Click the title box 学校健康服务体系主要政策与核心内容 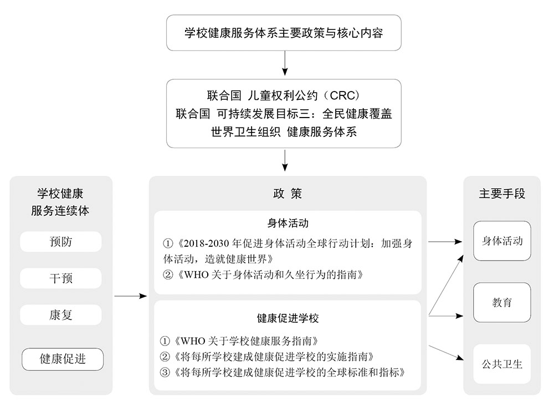pyautogui.click(x=284, y=33)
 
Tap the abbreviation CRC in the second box pyautogui.click(x=342, y=95)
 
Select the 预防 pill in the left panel pyautogui.click(x=61, y=242)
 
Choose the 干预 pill pyautogui.click(x=61, y=278)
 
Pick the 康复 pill pyautogui.click(x=61, y=315)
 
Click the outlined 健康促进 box pyautogui.click(x=63, y=359)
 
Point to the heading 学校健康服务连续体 pyautogui.click(x=60, y=202)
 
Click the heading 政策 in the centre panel pyautogui.click(x=288, y=194)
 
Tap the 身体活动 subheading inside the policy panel pyautogui.click(x=288, y=223)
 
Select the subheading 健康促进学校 pyautogui.click(x=288, y=318)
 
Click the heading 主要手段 pyautogui.click(x=502, y=194)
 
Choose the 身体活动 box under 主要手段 pyautogui.click(x=502, y=241)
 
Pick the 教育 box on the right pyautogui.click(x=502, y=302)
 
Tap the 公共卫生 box pyautogui.click(x=502, y=364)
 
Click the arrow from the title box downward pyautogui.click(x=285, y=63)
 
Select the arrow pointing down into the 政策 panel pyautogui.click(x=285, y=160)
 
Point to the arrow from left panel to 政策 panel pyautogui.click(x=130, y=296)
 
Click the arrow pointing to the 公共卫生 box pyautogui.click(x=446, y=353)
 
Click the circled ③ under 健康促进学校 pyautogui.click(x=165, y=373)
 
